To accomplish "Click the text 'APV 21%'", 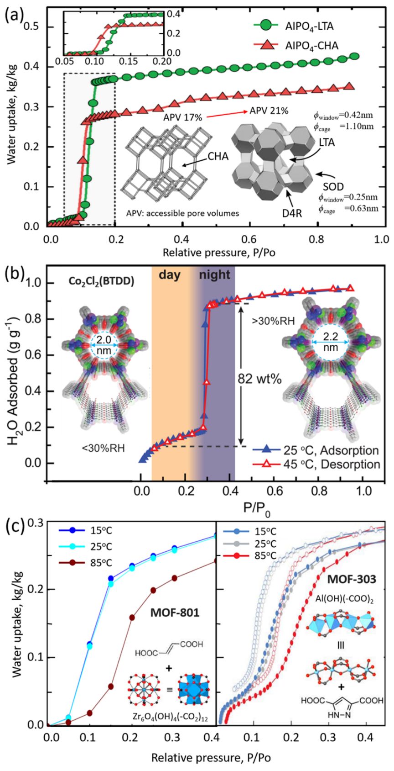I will click(x=268, y=111).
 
